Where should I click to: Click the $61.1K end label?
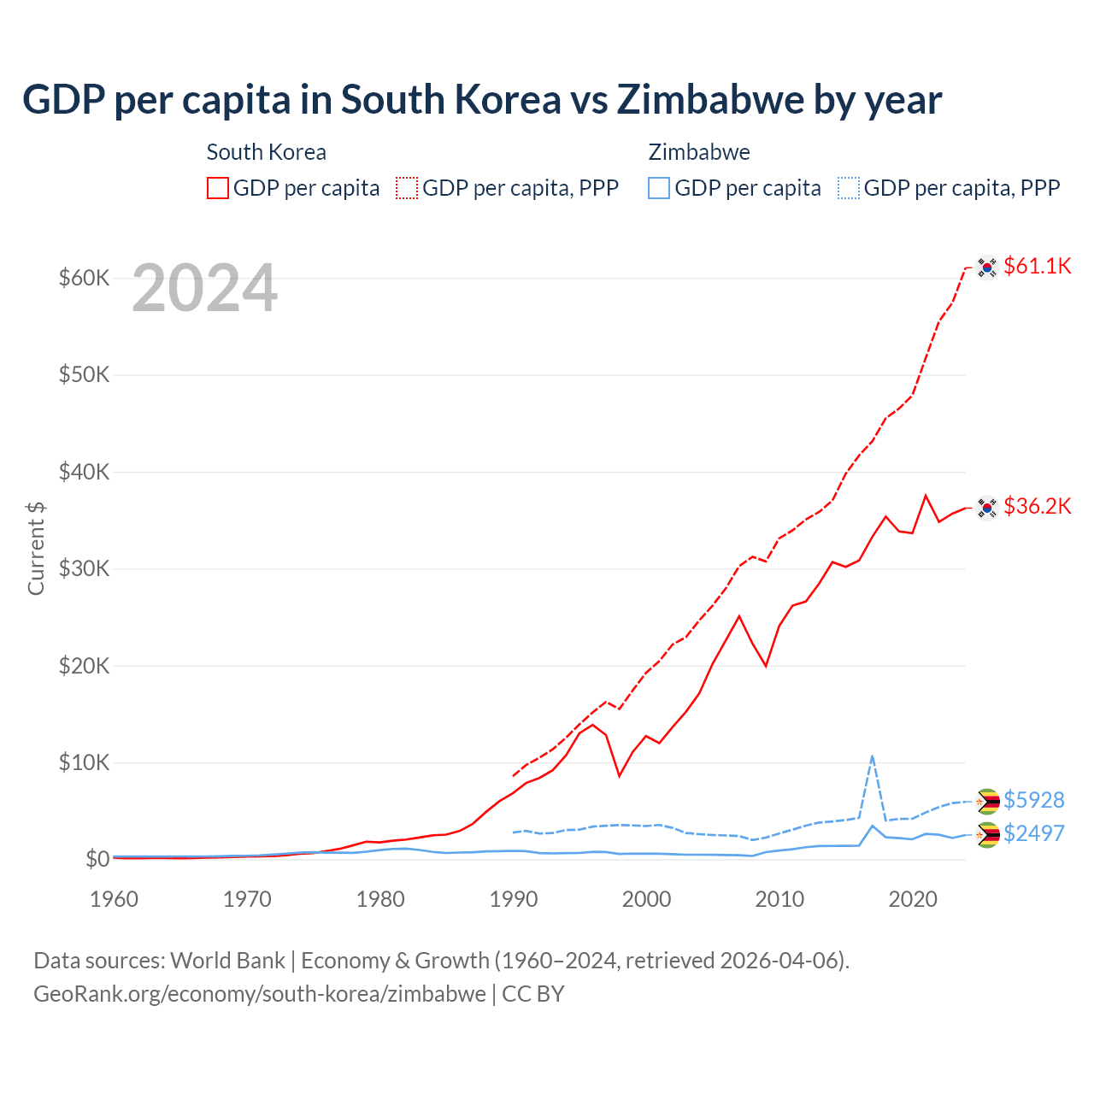tap(1037, 266)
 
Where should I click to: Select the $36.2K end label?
tap(1037, 506)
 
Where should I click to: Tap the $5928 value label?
tap(1033, 800)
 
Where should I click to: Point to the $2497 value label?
tap(1033, 832)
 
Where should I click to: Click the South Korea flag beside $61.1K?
tap(987, 268)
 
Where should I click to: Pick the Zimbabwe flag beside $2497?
tap(987, 835)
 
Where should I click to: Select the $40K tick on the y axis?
tap(84, 472)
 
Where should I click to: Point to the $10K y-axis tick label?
tap(84, 762)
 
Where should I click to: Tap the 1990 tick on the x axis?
tap(514, 899)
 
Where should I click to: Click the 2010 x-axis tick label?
tap(779, 899)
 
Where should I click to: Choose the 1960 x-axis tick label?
tap(114, 899)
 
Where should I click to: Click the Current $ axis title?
tap(36, 548)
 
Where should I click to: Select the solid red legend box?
tap(218, 188)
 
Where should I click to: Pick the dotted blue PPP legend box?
tap(849, 188)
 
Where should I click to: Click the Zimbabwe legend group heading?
tap(699, 152)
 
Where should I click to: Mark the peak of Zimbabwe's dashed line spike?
tap(872, 756)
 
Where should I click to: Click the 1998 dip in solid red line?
tap(620, 776)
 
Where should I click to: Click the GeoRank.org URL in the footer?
tap(260, 994)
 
